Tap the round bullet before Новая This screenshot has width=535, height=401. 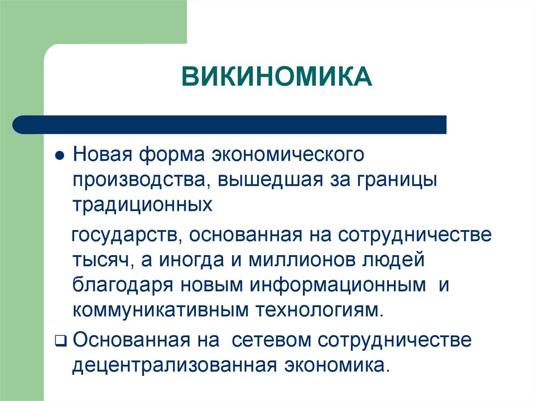(x=60, y=157)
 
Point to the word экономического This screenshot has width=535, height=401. (x=287, y=155)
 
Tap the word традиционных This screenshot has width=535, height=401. (x=143, y=204)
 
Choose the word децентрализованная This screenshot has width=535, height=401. (x=174, y=365)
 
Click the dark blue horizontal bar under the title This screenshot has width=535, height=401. (x=230, y=124)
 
